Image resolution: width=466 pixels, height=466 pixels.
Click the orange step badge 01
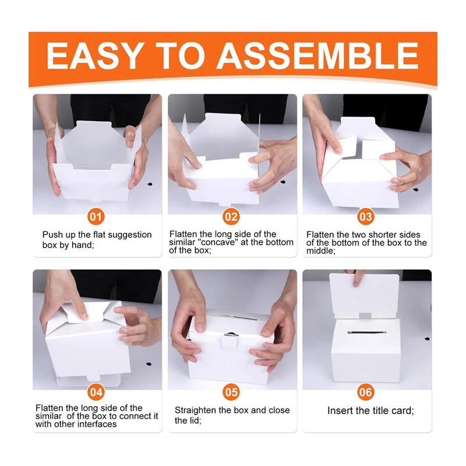point(97,217)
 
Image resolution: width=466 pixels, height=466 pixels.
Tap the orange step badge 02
point(231,217)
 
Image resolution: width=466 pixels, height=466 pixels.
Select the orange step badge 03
point(366,217)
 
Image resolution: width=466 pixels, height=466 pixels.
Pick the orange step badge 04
point(97,391)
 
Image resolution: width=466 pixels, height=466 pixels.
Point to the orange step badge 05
point(231,391)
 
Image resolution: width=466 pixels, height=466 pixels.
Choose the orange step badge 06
point(366,391)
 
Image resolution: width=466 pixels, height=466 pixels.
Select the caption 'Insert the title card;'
point(370,411)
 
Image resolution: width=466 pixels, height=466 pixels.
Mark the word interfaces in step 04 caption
point(97,424)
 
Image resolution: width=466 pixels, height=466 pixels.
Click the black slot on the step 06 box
point(365,333)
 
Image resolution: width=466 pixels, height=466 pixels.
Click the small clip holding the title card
point(365,316)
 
